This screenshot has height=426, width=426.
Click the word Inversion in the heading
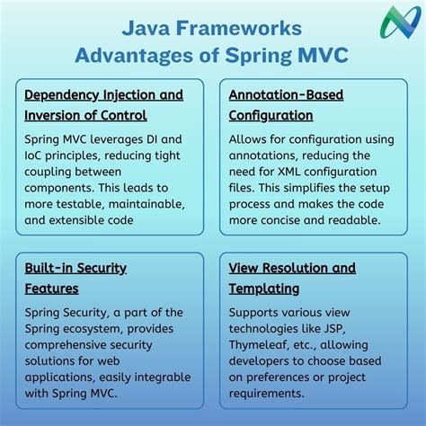pos(57,115)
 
